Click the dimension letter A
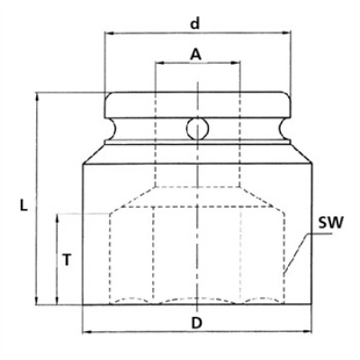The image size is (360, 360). pos(195,54)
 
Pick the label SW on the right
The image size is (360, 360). pos(331,221)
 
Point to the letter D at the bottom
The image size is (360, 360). pos(196,321)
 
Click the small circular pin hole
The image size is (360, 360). pos(196,129)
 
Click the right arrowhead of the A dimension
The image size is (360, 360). pos(238,64)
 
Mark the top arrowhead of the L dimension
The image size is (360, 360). pos(36,96)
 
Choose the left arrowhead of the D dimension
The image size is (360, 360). pos(86,332)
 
